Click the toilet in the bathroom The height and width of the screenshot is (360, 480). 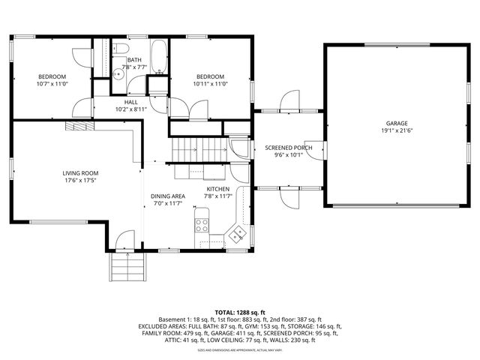[x=121, y=49]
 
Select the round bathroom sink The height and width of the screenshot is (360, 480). [x=119, y=73]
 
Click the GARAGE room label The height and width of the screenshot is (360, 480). [x=397, y=123]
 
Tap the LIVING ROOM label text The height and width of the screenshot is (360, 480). [x=80, y=172]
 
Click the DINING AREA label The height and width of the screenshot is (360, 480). [x=168, y=196]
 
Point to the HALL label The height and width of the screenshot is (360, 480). [x=131, y=102]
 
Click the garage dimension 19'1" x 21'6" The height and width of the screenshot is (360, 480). [x=397, y=130]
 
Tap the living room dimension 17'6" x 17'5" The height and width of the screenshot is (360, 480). [x=80, y=180]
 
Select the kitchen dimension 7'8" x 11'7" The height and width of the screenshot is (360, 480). [x=218, y=196]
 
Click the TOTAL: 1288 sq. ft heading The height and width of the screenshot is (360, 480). [x=240, y=311]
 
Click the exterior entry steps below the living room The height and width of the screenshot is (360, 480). [x=127, y=265]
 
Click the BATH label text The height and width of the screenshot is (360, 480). [x=134, y=59]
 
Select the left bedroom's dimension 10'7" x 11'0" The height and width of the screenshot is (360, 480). [x=52, y=84]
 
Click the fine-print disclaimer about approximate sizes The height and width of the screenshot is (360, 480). [x=240, y=349]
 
